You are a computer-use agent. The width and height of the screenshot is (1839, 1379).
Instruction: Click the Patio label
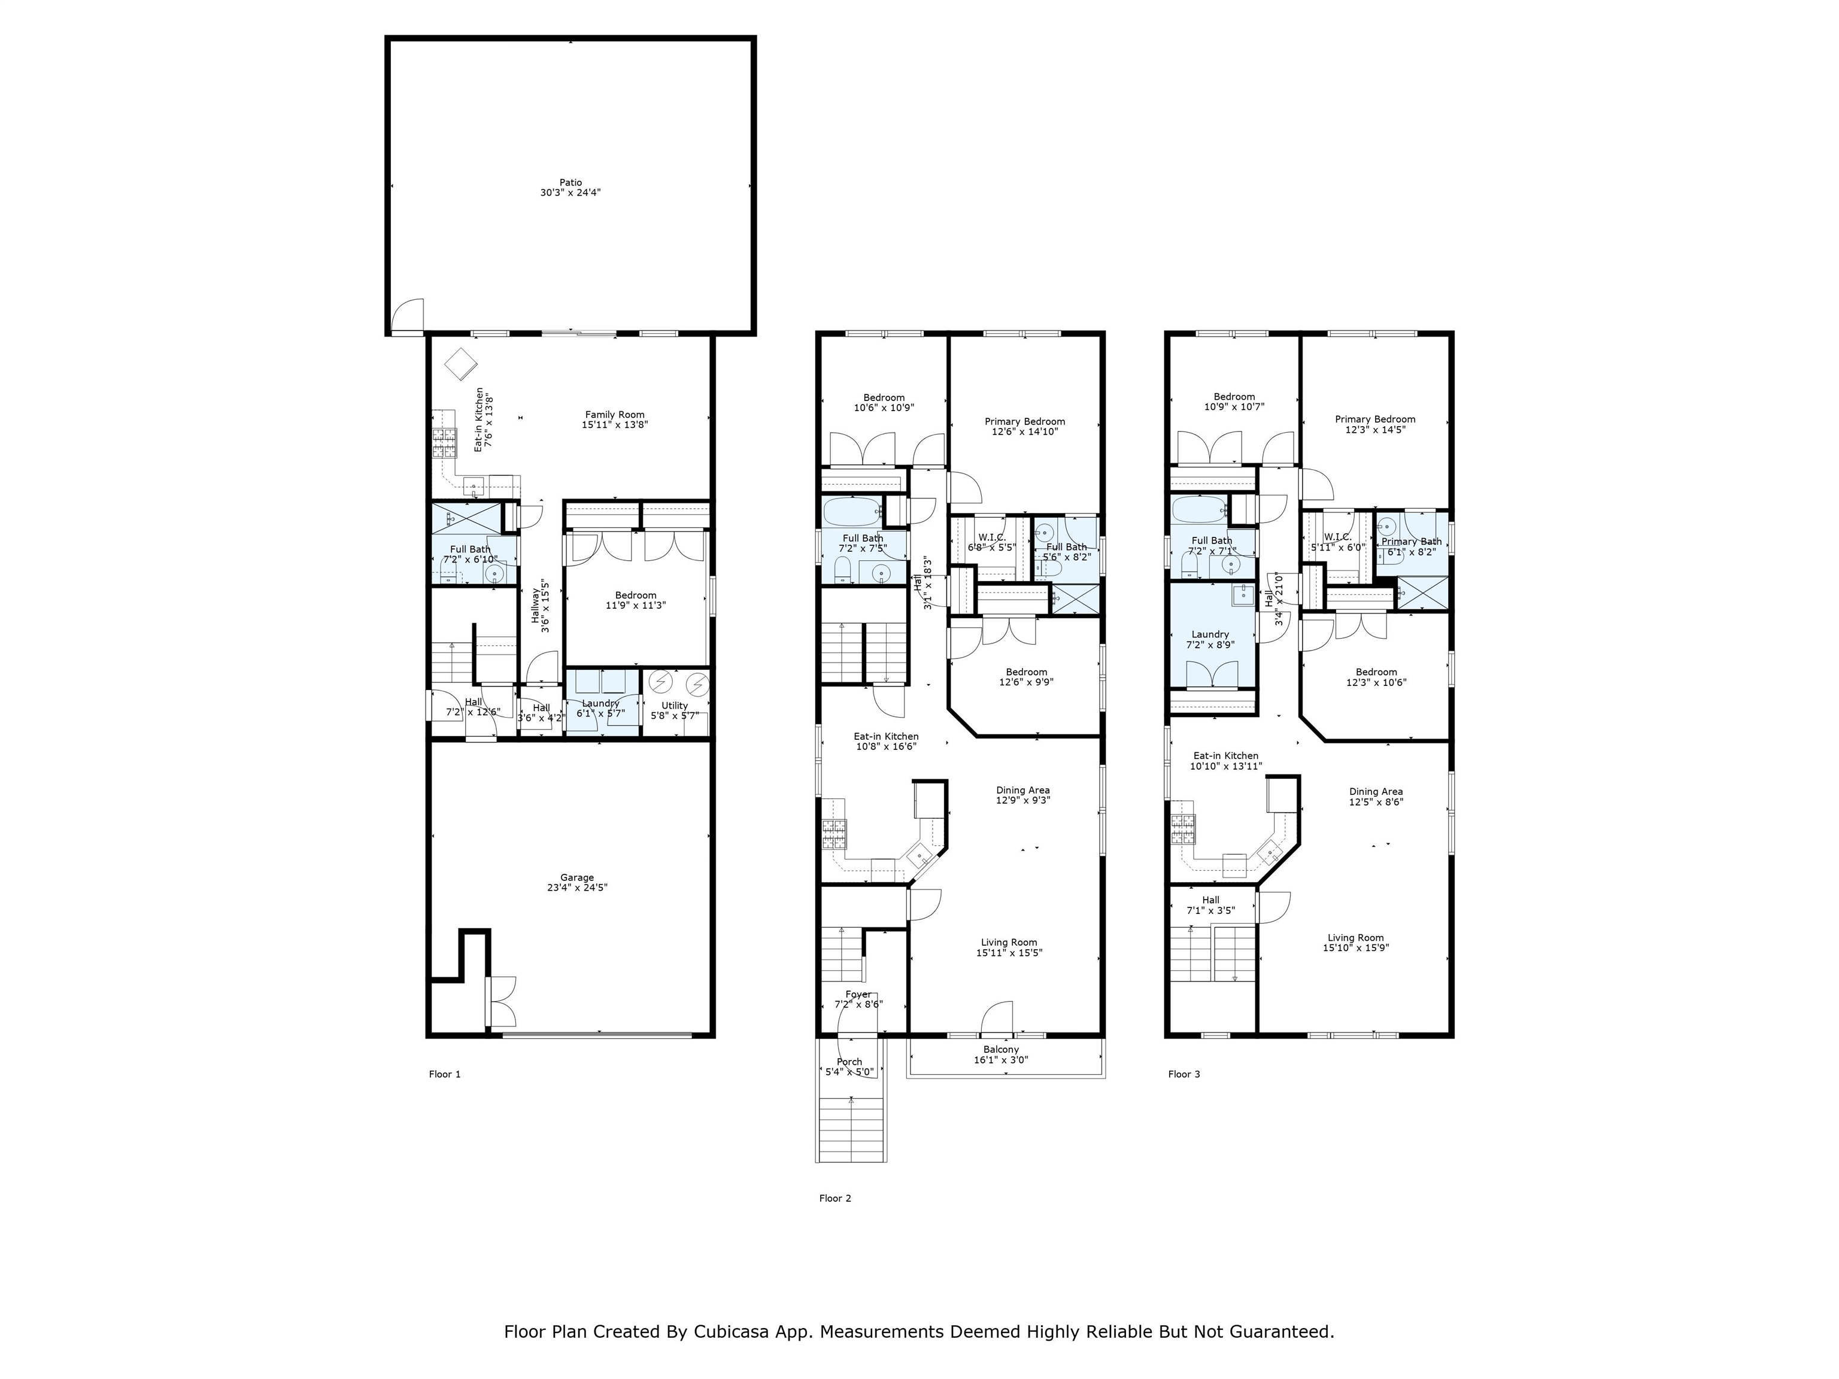(570, 182)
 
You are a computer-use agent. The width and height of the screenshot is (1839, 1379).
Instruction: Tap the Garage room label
(577, 877)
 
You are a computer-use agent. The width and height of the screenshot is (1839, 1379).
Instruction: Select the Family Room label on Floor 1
(614, 415)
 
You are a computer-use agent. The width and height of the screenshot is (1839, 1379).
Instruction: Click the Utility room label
(674, 706)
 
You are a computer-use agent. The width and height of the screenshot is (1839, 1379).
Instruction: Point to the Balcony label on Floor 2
(1001, 1050)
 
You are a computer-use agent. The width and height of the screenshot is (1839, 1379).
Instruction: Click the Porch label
(849, 1061)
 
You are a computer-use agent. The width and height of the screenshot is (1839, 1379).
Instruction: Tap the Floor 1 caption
(445, 1074)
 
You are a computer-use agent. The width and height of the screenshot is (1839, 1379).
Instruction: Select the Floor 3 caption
(1184, 1074)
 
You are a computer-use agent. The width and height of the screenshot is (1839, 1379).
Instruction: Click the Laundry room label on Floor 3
(1210, 634)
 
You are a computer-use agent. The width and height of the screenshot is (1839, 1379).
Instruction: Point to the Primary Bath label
(1412, 541)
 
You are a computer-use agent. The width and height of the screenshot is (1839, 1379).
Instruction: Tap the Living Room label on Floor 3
(1355, 938)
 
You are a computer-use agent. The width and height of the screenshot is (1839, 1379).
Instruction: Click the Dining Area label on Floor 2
(1022, 789)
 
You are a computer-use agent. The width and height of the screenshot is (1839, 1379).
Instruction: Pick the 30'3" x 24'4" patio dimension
(570, 193)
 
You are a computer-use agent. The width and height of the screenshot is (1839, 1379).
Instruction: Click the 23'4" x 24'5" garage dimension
(577, 888)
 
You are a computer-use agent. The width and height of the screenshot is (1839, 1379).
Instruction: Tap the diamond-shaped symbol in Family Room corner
(460, 363)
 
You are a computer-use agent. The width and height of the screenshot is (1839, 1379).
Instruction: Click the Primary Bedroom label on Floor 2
(1025, 421)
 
